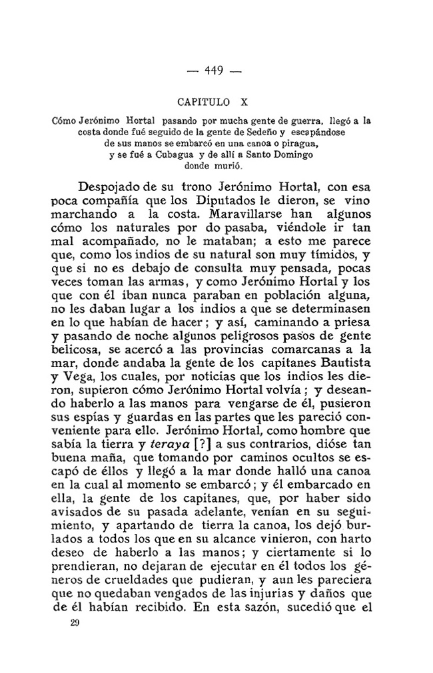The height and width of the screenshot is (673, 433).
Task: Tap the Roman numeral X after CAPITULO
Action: tap(244, 103)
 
